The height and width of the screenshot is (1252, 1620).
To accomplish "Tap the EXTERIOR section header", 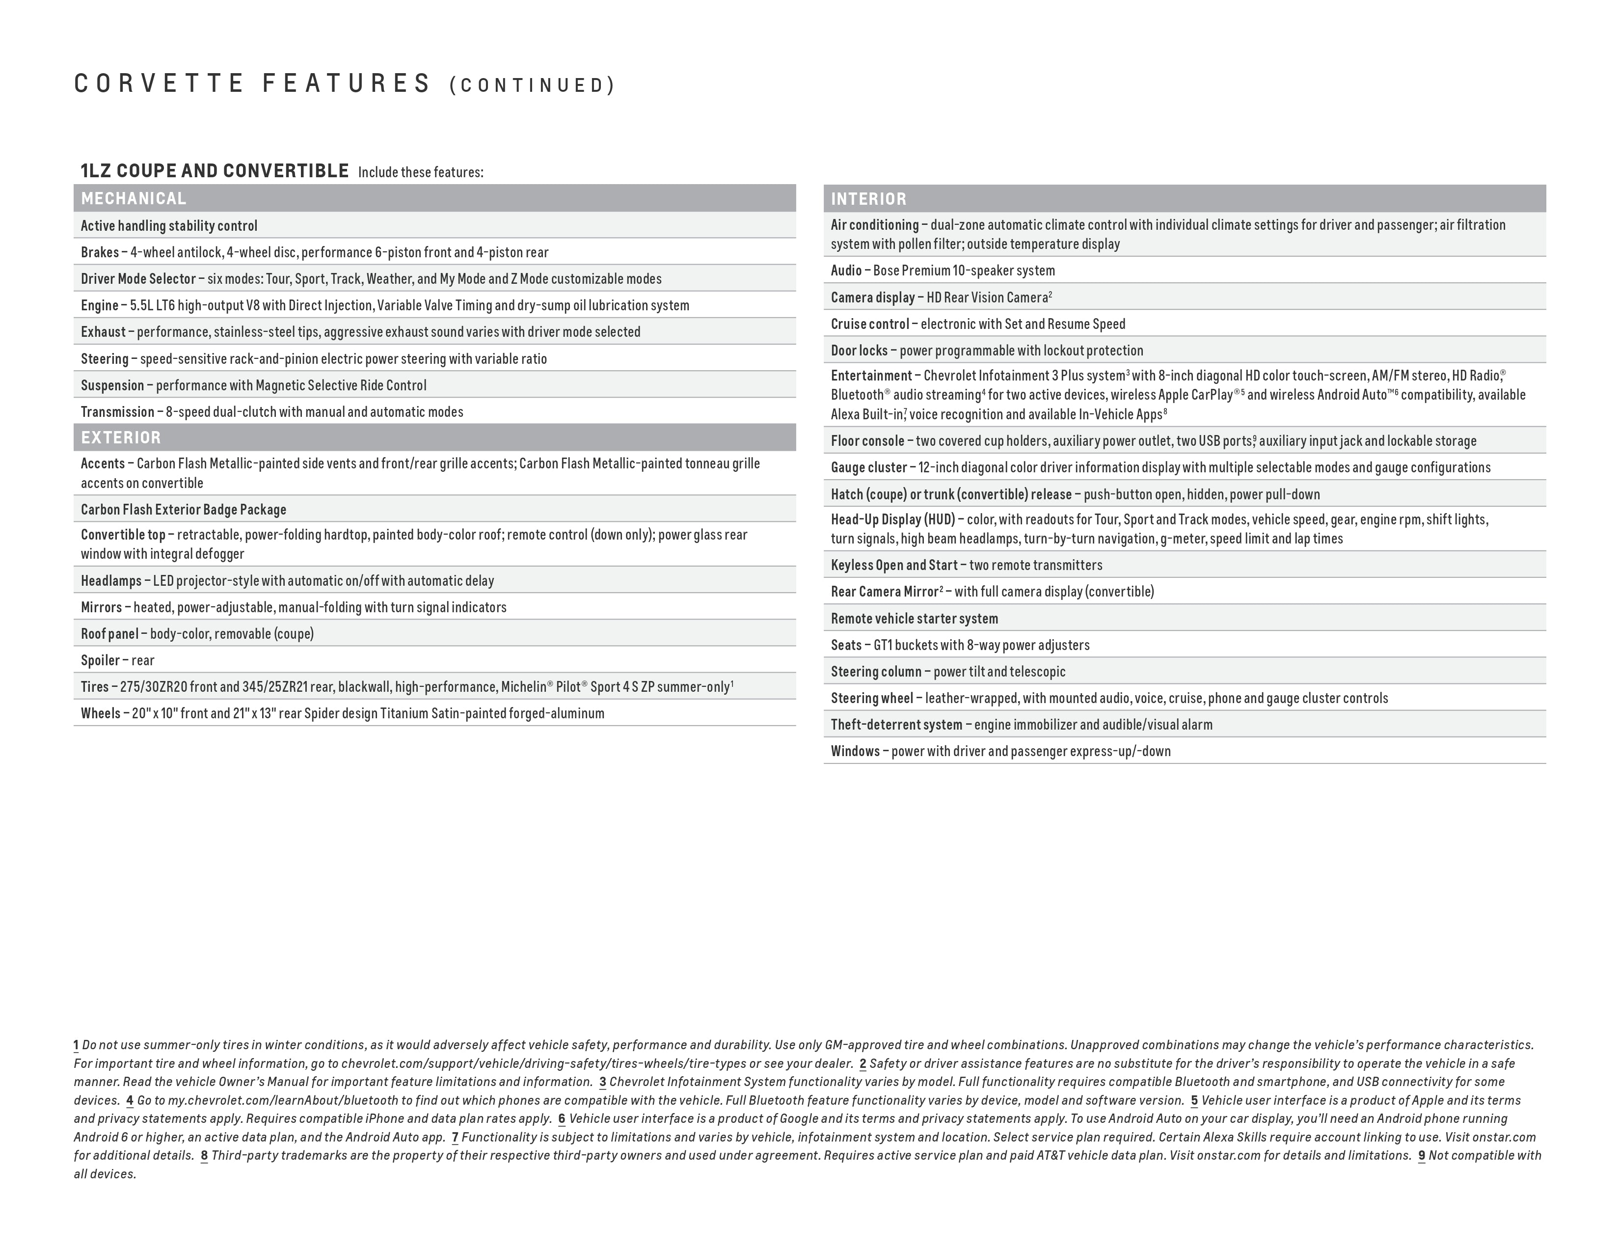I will click(121, 437).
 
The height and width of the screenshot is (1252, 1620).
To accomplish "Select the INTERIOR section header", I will click(868, 199).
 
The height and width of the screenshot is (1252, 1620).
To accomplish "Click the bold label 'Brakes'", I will click(99, 253).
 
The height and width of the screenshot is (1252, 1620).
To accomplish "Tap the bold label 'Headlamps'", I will click(110, 581).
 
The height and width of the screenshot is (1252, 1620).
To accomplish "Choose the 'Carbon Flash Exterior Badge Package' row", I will click(183, 510).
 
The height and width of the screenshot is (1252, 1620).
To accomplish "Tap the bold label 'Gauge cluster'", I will click(868, 468).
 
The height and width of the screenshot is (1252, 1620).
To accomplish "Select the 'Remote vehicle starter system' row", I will click(914, 619).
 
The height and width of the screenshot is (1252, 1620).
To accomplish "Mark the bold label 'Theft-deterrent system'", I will click(896, 725).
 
